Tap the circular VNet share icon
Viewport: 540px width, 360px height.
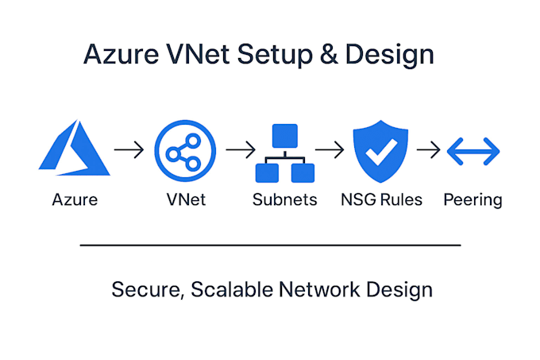185,149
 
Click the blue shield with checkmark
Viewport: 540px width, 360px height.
380,151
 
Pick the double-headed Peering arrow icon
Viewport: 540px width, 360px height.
472,149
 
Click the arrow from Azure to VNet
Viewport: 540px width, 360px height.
129,149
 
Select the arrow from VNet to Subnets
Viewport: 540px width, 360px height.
239,149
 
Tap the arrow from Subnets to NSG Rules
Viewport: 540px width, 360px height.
329,149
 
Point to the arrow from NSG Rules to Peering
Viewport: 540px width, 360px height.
428,149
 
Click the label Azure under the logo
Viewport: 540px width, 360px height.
75,199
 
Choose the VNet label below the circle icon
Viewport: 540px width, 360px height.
185,199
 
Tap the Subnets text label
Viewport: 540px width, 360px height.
283,199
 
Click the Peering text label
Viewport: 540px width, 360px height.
472,200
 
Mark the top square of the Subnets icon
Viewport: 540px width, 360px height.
284,135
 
